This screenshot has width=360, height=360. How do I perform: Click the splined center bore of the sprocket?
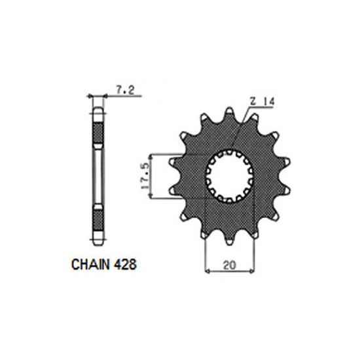tap(228, 175)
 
